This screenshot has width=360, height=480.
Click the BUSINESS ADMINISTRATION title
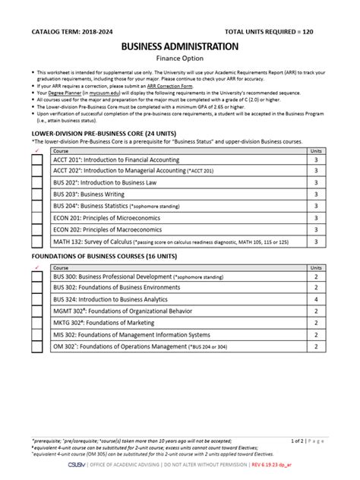click(x=179, y=46)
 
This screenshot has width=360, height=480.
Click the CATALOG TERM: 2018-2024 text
click(x=71, y=33)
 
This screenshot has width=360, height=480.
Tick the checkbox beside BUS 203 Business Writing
click(x=36, y=194)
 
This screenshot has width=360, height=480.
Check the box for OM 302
click(x=36, y=348)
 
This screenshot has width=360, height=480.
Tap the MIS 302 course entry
click(x=131, y=336)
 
